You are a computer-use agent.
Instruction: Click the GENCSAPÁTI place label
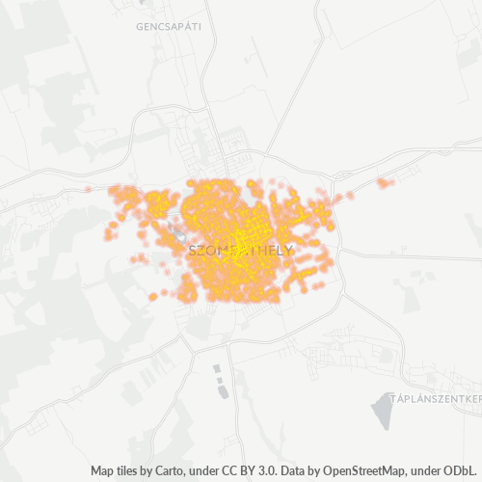169,27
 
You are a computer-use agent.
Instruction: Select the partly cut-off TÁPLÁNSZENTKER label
434,397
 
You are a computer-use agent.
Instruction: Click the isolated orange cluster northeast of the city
386,182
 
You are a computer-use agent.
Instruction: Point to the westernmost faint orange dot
89,189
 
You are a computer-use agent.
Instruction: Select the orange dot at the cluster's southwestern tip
153,296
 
